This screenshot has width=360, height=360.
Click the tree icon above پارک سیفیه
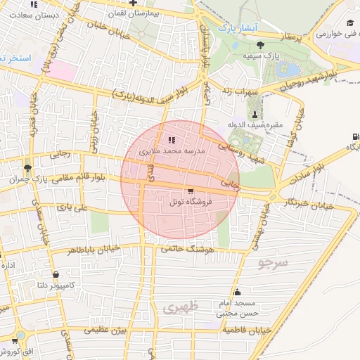click(261, 44)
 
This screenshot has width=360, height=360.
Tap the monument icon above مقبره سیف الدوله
click(255, 115)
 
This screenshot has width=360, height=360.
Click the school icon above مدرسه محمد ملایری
click(173, 139)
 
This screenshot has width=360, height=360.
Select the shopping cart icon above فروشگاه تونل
click(191, 191)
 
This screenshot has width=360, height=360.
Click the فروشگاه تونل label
click(191, 202)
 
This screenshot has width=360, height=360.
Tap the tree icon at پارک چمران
click(27, 168)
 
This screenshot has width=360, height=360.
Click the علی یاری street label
click(74, 207)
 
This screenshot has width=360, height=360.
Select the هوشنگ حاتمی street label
click(186, 249)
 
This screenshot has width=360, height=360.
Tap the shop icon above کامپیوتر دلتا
click(55, 274)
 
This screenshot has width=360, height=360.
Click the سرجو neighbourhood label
click(273, 264)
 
